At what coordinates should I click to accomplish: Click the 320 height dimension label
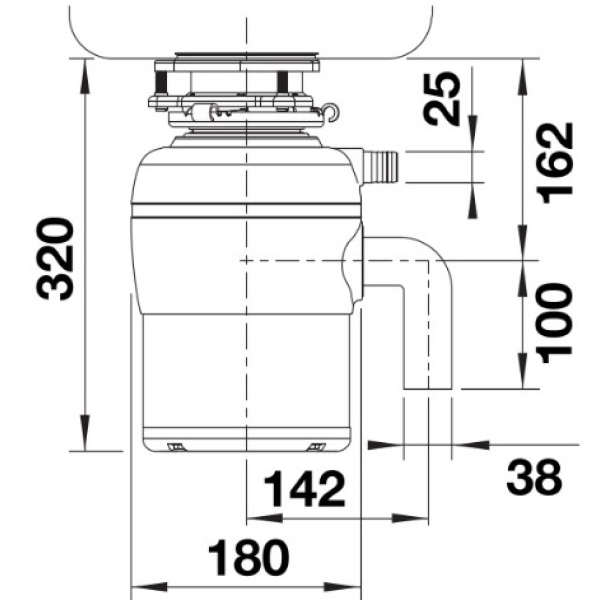click(54, 259)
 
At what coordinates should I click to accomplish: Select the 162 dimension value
click(555, 163)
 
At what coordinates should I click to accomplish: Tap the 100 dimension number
click(555, 323)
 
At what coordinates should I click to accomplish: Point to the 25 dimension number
click(442, 99)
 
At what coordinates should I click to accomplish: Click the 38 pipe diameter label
click(534, 477)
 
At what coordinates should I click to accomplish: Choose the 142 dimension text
click(305, 489)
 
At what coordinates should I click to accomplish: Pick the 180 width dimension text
click(248, 558)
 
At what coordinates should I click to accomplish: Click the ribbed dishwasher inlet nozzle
click(380, 166)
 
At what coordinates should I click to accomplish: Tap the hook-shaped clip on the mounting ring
click(330, 112)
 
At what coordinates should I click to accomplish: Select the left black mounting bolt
click(161, 82)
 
